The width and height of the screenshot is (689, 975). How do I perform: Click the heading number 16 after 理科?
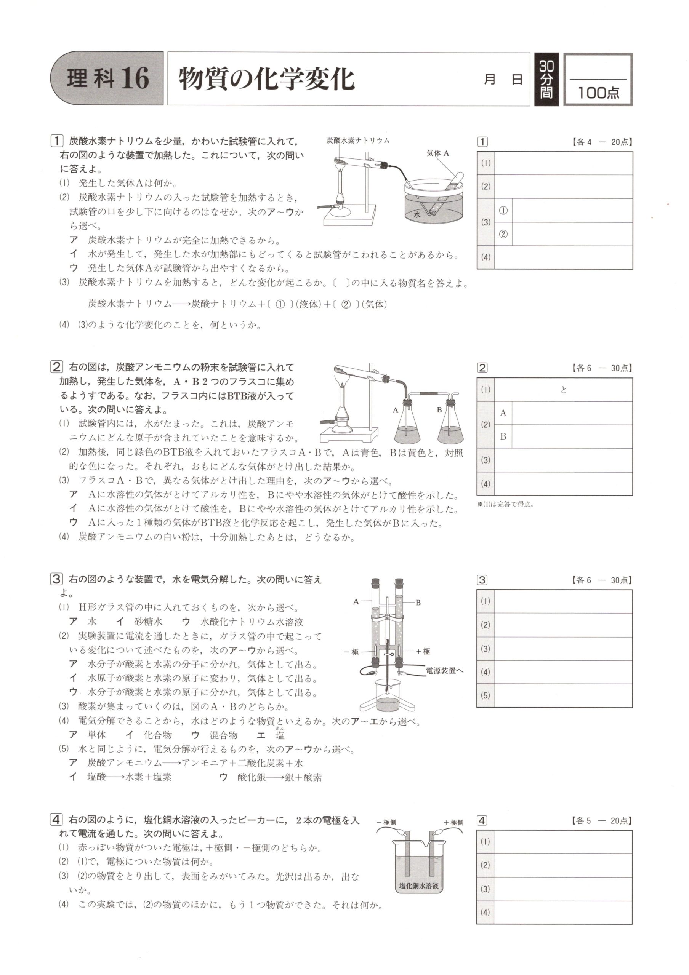tap(135, 79)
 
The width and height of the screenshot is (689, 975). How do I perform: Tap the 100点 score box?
tap(598, 80)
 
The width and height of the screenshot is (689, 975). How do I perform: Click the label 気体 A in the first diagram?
tap(437, 154)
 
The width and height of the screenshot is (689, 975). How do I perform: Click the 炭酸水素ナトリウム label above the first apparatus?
tap(358, 140)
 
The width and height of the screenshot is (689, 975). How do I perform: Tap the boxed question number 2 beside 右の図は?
tap(56, 367)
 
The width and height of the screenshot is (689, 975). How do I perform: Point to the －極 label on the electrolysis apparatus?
tap(351, 652)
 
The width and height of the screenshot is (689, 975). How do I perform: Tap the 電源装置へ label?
tap(445, 671)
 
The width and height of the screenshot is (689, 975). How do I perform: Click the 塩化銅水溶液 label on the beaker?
tap(418, 886)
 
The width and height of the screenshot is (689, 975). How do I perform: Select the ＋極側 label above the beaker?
tap(453, 822)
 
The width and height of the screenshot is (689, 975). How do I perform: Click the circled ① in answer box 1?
tap(503, 210)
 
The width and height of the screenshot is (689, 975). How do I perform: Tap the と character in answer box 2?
tap(564, 390)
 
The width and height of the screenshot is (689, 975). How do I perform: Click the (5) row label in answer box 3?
tap(486, 695)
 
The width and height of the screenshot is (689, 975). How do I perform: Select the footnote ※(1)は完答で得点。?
tap(505, 505)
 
